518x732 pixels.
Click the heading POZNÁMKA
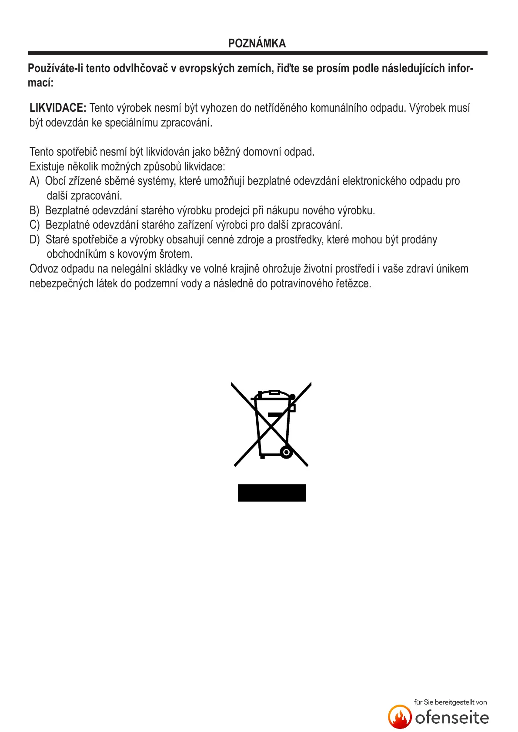(257, 43)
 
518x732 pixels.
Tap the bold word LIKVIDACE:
(58, 108)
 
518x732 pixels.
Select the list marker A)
(34, 181)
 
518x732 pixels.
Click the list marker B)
(34, 211)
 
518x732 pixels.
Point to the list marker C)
(34, 225)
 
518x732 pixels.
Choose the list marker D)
(34, 240)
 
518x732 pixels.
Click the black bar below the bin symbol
(272, 493)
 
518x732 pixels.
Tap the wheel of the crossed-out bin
(286, 452)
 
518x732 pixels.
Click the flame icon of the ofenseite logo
(400, 717)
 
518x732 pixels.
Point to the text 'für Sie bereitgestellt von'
(450, 702)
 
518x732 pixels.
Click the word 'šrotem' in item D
(176, 254)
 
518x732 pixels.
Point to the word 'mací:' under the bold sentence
(40, 83)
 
